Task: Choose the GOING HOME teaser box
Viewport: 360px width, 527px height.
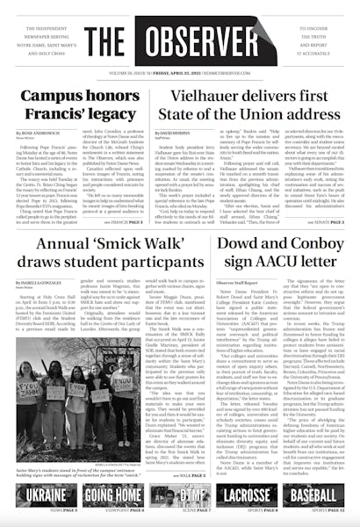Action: (x=106, y=496)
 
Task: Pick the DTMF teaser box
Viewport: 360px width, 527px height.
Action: (x=179, y=496)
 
